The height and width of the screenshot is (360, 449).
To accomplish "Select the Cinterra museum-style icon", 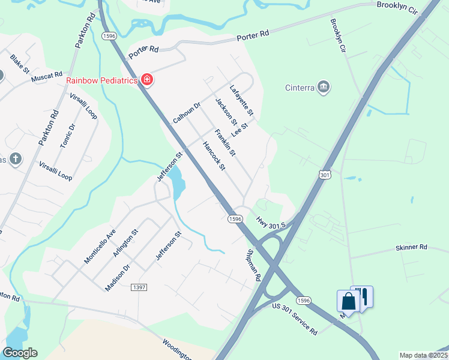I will pos(324,88).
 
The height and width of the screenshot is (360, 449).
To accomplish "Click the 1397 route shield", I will pos(139,287).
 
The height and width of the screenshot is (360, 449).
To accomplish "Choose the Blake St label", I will pos(20,64).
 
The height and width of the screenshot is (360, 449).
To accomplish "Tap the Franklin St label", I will pos(225,143).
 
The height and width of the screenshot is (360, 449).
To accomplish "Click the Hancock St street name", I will pos(213,156).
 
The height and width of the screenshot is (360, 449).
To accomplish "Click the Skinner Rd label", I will pos(411,247).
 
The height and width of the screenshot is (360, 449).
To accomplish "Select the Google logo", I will pos(20,353).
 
